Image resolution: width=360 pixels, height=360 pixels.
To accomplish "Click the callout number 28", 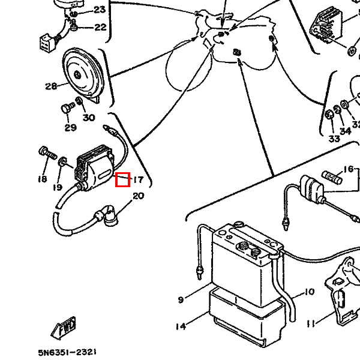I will coord(50,86).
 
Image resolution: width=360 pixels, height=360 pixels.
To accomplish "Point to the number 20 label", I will coord(138,196).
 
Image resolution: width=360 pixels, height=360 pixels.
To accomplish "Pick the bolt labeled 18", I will coord(45,152).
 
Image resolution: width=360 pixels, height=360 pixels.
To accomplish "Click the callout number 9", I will coord(180,299).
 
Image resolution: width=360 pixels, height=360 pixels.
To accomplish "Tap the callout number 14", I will coord(181,326).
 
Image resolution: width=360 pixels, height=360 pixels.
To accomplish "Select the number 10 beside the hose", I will coord(308,292).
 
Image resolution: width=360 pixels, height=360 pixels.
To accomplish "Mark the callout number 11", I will coord(310,324).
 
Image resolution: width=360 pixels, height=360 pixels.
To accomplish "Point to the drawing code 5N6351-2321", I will coord(67,353).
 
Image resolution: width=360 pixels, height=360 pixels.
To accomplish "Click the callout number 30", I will coord(89,118).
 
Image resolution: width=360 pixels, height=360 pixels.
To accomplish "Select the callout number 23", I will coord(99,10).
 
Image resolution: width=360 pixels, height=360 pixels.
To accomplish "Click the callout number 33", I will coord(334,139).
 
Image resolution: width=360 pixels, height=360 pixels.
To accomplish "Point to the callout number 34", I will coord(345,131).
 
